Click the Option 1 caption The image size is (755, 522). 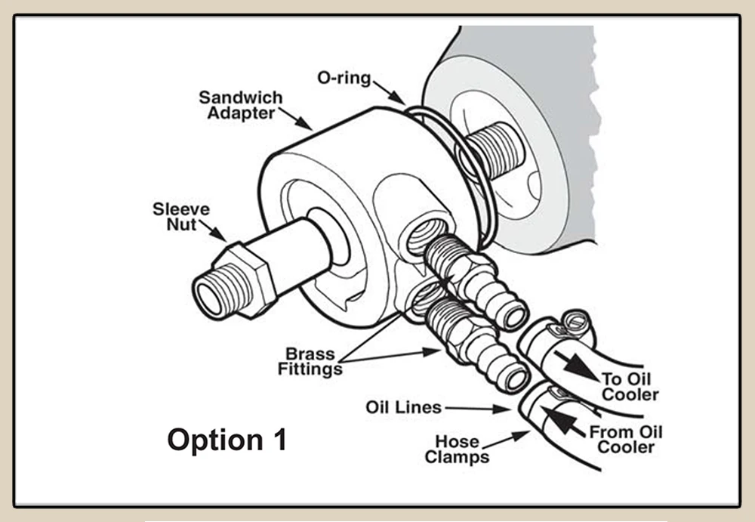click(x=226, y=440)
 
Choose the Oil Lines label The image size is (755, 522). click(x=403, y=407)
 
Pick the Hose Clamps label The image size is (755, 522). click(x=456, y=449)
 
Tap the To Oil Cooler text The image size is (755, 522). click(x=630, y=387)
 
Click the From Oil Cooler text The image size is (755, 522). click(x=626, y=440)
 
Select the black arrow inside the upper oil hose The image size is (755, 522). click(x=580, y=366)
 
